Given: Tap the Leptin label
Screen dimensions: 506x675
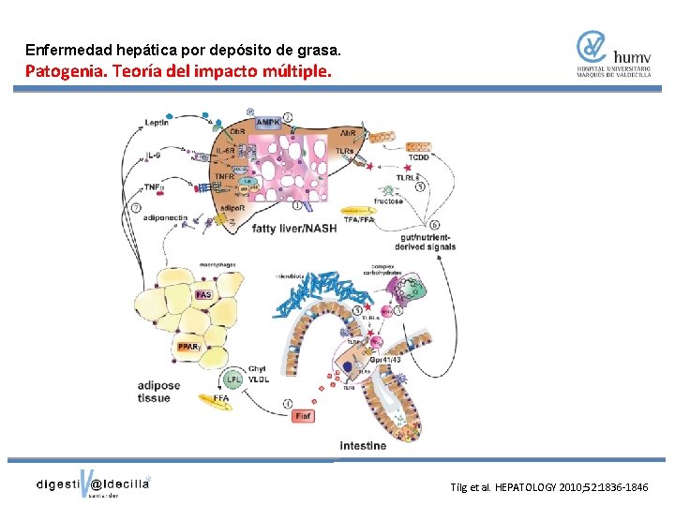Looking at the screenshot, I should [x=157, y=122].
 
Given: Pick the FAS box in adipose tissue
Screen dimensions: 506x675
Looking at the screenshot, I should [x=203, y=296].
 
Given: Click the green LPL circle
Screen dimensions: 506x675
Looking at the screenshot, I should [x=233, y=379].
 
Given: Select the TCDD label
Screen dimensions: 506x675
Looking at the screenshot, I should [x=417, y=158].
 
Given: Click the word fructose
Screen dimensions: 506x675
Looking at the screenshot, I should [x=388, y=201].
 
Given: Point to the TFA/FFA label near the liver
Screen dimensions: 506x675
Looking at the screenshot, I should [x=360, y=219].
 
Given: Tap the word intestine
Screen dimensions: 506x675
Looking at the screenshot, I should [x=363, y=445].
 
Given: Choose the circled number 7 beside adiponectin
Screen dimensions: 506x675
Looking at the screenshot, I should [x=137, y=206].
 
